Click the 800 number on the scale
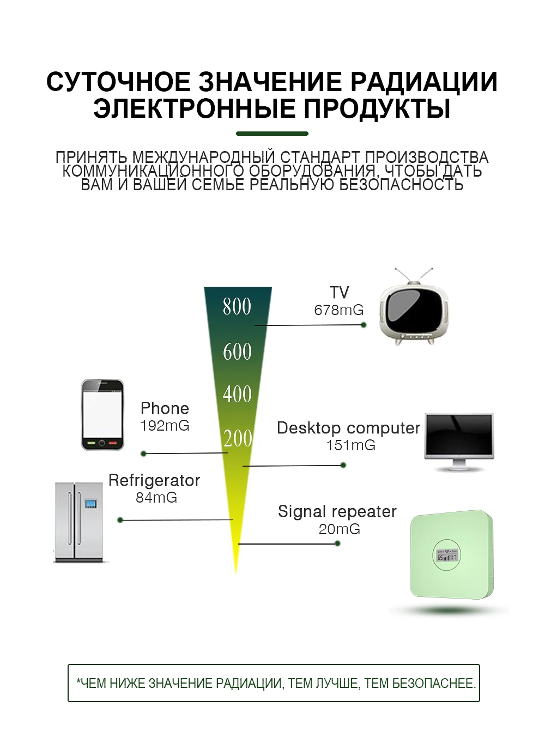coord(237,306)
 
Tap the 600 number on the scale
coord(237,352)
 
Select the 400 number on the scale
coord(237,394)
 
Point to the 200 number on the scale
coord(238,438)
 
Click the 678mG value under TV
coord(338,310)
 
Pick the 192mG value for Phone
coord(165,426)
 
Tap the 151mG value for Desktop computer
coord(350,445)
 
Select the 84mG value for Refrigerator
coord(156,498)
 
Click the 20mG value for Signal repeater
coord(339,529)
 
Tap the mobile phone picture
coord(102,415)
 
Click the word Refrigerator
coord(154,480)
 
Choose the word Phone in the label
coord(165,408)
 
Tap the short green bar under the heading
coord(272,133)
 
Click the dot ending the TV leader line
coord(364,325)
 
